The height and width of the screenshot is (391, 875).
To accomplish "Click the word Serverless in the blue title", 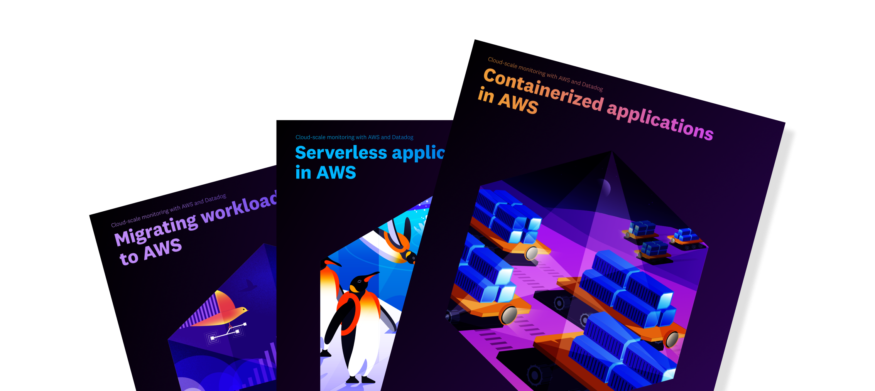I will click(x=341, y=153).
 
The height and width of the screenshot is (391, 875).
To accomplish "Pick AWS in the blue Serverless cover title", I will click(x=336, y=172).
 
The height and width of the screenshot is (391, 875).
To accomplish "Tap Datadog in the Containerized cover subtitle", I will click(x=592, y=86).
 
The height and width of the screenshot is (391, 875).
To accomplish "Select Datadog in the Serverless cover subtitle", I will click(x=402, y=137).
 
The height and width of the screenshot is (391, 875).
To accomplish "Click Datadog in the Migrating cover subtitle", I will click(x=215, y=199).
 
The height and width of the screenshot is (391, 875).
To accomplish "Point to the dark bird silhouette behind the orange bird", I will click(x=249, y=286).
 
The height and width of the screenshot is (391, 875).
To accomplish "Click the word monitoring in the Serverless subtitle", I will click(x=341, y=137).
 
